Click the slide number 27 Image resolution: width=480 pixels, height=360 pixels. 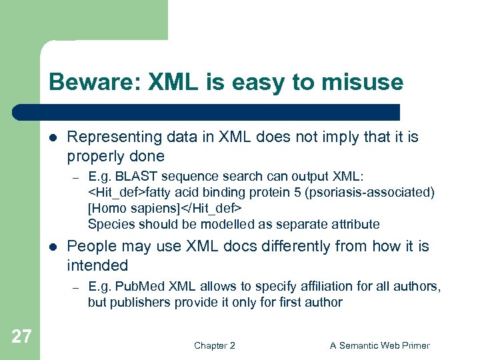21,337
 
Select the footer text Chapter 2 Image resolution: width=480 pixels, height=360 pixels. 214,345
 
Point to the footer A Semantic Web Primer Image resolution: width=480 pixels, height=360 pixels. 380,345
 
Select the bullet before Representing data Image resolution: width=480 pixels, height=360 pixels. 53,137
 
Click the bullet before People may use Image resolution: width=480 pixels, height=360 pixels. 53,247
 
